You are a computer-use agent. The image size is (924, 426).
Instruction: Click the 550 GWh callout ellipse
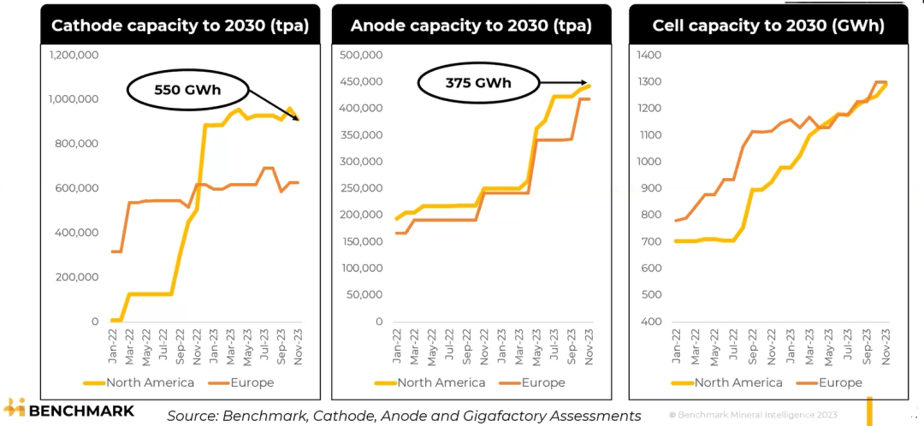point(187,89)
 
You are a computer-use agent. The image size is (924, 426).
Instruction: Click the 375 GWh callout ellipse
point(477,83)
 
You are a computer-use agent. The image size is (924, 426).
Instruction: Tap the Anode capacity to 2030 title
point(471,26)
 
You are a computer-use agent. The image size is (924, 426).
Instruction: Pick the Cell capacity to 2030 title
point(768,26)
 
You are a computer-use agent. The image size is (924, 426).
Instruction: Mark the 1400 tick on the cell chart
point(651,55)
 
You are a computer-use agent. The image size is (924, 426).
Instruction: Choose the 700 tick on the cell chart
point(651,242)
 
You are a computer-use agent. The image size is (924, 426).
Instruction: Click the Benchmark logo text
point(81,411)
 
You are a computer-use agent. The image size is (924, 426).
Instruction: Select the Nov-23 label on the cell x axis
point(884,345)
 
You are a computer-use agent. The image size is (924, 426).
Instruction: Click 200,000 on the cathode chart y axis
point(78,277)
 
